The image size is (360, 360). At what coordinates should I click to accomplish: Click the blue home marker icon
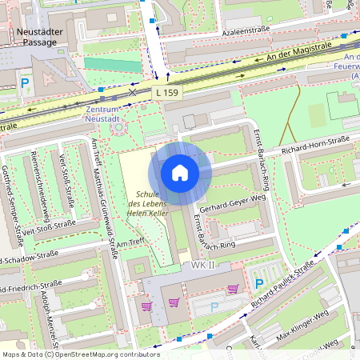[x=180, y=173]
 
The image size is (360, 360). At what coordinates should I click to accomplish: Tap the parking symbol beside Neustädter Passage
[x=26, y=82]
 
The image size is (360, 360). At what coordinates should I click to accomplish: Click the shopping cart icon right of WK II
[x=234, y=289]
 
